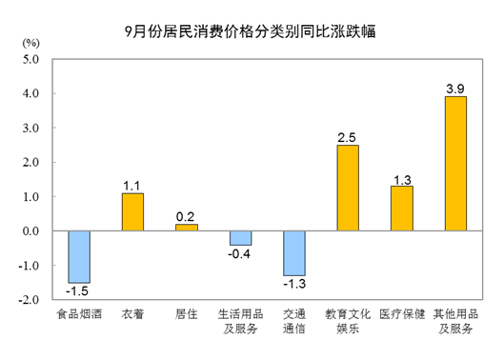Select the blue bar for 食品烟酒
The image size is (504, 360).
point(78,256)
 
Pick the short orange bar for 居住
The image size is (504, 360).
point(187,228)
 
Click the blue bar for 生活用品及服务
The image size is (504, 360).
point(240,237)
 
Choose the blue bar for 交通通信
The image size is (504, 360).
point(294,252)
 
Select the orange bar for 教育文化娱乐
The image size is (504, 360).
point(348,188)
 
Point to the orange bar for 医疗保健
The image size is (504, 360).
point(402,208)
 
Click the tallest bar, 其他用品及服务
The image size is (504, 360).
point(455,163)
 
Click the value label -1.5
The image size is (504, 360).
point(78,290)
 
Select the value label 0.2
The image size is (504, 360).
point(187,216)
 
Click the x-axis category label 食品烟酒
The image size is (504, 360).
point(78,314)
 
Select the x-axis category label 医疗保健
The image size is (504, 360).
point(401,314)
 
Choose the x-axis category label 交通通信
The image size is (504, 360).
point(294,321)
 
